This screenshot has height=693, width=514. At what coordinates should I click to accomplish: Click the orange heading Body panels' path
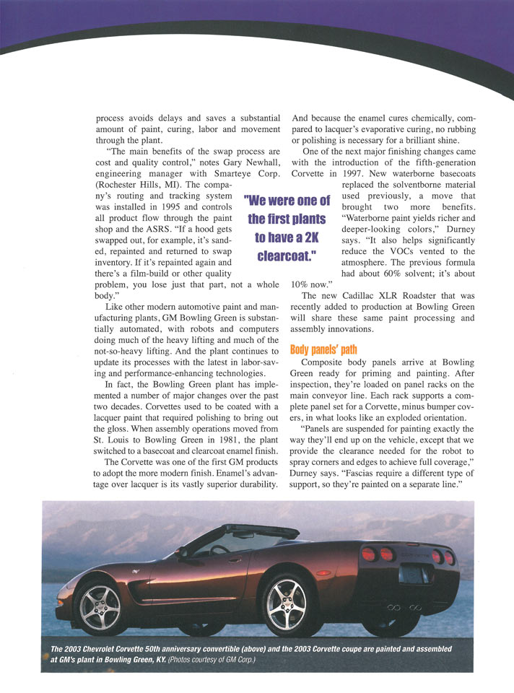pos(324,349)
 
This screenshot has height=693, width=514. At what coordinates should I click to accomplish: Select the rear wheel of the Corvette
pos(287,603)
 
